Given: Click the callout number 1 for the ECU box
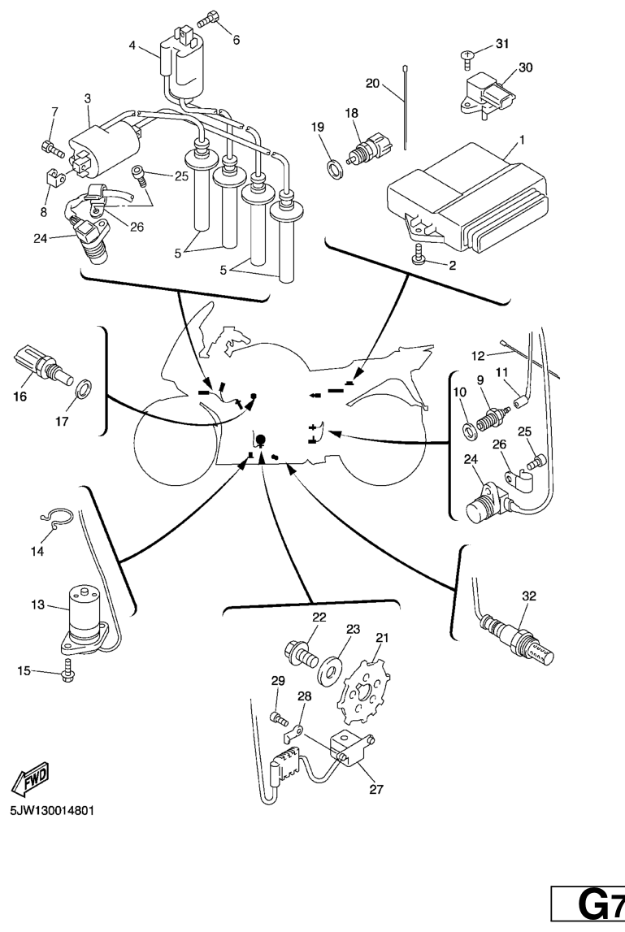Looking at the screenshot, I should (x=522, y=140).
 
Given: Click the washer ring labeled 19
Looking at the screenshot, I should (x=333, y=169).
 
